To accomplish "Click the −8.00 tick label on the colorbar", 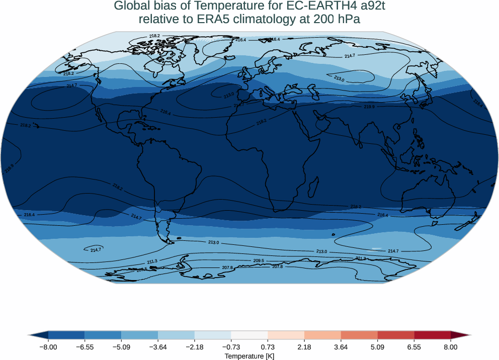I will (x=48, y=347).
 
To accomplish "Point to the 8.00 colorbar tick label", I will (x=451, y=347).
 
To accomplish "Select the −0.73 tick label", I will (x=231, y=347).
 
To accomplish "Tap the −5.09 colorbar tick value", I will (x=121, y=347).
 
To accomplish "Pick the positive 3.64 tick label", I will (x=341, y=347).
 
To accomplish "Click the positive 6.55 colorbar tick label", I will (x=414, y=347).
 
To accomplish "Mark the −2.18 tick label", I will (x=194, y=347).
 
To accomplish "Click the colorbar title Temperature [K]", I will (x=249, y=356).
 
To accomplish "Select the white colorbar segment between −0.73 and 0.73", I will (x=249, y=335).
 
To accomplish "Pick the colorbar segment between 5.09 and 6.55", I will (x=396, y=335).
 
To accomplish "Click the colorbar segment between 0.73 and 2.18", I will (x=286, y=335).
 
